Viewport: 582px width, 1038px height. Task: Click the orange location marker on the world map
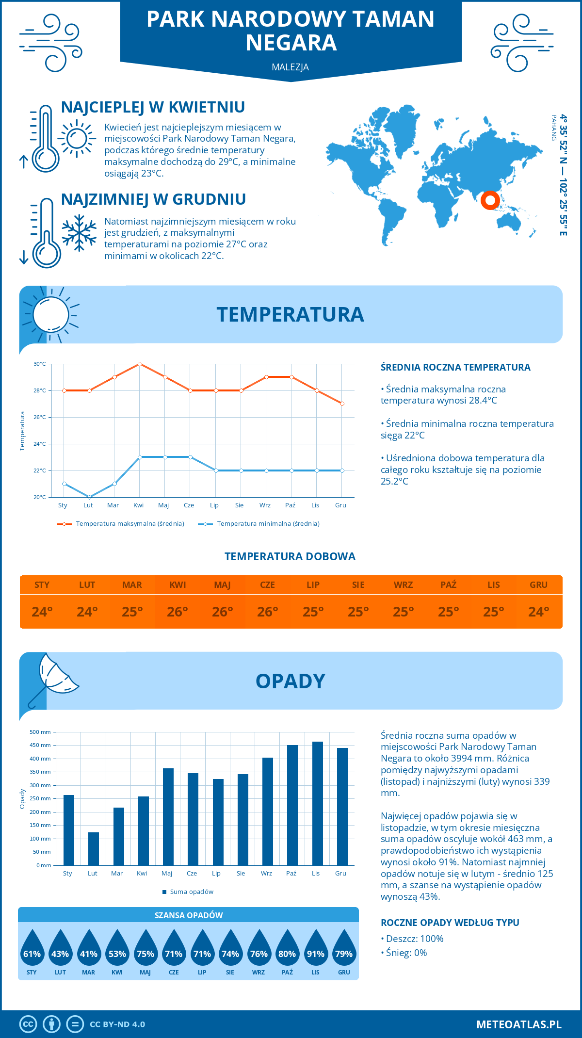click(x=490, y=200)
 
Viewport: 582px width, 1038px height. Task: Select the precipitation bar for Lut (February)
click(x=94, y=849)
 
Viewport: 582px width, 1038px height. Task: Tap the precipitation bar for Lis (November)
click(x=318, y=803)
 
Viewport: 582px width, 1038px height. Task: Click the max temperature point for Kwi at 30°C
click(x=140, y=364)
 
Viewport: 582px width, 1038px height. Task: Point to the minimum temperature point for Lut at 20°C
click(x=89, y=497)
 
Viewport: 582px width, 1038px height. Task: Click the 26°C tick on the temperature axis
click(x=40, y=417)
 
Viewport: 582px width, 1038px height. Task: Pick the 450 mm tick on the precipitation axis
click(x=40, y=745)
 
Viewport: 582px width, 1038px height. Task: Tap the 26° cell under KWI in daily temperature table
click(x=178, y=612)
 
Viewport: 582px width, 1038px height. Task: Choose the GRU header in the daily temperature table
click(x=538, y=585)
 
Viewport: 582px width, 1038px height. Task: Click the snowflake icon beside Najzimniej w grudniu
click(x=79, y=233)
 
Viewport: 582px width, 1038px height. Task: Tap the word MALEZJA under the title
click(x=291, y=67)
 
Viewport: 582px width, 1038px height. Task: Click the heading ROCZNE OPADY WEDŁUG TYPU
click(x=450, y=923)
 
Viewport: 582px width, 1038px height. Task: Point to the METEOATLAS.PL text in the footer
click(x=518, y=1024)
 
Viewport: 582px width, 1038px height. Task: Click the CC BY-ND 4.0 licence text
click(x=117, y=1024)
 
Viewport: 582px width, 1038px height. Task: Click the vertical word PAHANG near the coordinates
click(x=553, y=128)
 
